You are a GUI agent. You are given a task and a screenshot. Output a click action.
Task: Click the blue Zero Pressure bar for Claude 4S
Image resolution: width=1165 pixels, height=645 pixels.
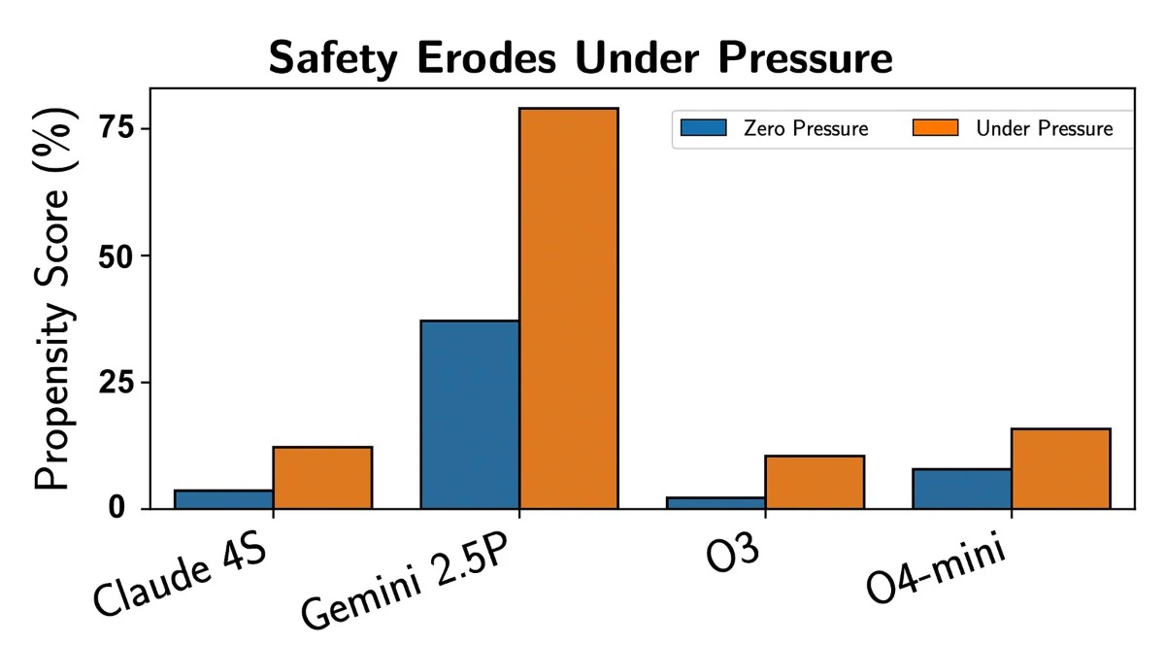[x=223, y=498]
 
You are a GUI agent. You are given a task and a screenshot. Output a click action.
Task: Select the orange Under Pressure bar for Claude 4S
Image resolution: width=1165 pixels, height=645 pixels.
[x=322, y=477]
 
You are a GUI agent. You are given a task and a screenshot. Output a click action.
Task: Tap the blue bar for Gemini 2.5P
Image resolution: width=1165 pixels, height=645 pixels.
[x=470, y=414]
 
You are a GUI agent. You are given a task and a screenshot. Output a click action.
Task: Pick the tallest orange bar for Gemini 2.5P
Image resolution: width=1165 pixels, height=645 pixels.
[x=569, y=308]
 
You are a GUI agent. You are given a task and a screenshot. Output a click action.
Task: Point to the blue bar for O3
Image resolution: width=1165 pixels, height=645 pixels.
[x=716, y=502]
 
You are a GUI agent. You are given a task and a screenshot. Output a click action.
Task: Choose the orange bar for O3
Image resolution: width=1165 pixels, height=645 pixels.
[x=815, y=482]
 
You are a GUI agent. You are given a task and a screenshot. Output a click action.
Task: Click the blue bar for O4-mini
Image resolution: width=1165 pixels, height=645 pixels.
[x=962, y=488]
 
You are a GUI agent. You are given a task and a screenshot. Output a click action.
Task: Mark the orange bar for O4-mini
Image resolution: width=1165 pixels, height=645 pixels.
[x=1061, y=468]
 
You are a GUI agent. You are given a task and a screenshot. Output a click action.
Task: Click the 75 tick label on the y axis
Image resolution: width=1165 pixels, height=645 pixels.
[x=116, y=128]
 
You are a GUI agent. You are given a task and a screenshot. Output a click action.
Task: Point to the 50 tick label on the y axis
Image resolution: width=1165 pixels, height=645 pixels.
[x=116, y=255]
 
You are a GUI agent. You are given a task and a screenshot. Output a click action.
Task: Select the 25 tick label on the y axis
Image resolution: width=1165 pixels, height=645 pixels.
[x=116, y=382]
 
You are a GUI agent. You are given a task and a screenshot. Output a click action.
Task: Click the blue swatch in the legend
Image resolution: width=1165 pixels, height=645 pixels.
[x=703, y=127]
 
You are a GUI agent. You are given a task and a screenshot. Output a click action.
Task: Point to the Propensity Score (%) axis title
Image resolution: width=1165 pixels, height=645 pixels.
[x=55, y=306]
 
